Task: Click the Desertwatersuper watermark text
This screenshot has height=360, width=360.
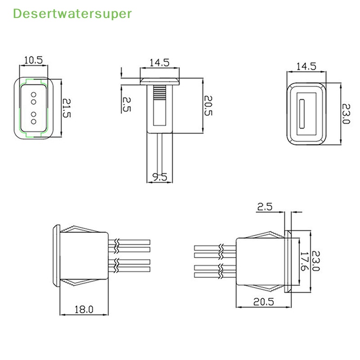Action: coord(72,13)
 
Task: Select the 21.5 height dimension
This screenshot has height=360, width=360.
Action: coord(67,108)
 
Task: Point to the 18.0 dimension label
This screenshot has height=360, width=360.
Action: coord(84,309)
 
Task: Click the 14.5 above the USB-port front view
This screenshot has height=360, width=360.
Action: coord(306,66)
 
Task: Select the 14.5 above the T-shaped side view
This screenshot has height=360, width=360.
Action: coord(159,63)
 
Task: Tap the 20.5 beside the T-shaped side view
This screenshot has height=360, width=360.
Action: coord(208,106)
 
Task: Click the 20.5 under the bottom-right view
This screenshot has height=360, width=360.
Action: coord(263,302)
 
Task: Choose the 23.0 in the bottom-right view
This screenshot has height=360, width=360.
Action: coord(315,261)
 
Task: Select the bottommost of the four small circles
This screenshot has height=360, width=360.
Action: coord(34,122)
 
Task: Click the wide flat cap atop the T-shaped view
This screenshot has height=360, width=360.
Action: coord(159,81)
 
